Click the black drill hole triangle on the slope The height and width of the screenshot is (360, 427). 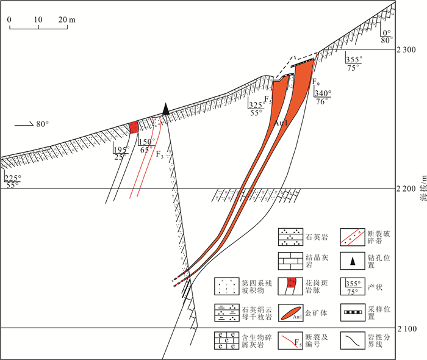coord(165,109)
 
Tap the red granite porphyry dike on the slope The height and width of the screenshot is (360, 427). coord(134,128)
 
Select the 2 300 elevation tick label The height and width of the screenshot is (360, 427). coord(406,50)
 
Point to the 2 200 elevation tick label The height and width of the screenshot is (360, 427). coord(406,189)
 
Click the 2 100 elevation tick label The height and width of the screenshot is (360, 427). coord(407,329)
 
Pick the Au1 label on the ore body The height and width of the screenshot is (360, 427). coord(281,123)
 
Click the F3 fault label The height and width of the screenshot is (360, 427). coord(160,154)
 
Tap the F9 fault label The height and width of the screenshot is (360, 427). coord(315,81)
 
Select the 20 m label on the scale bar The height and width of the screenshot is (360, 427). coord(66,20)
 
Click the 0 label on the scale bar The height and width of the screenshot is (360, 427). coord(9,20)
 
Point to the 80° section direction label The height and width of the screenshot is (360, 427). coord(43,124)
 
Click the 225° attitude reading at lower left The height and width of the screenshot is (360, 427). coord(13,178)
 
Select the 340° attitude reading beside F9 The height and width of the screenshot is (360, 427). coord(323,93)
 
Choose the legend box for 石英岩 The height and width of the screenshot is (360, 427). coord(290,237)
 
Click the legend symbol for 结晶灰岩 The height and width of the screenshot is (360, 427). coord(290,261)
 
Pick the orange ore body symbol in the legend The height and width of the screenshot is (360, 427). coord(290,313)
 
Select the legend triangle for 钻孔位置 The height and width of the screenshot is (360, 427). coord(353,261)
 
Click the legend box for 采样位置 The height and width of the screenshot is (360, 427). coord(353,312)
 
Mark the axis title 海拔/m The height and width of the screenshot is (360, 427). coord(423,189)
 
